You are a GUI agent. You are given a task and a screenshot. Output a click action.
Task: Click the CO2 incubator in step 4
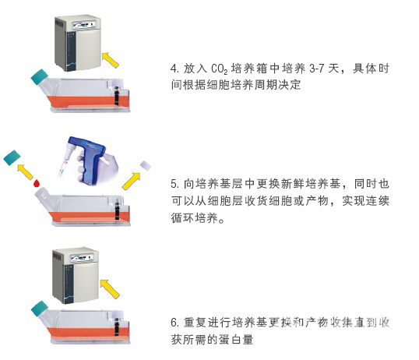click(x=78, y=43)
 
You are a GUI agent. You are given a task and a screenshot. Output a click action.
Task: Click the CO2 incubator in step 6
click(x=76, y=276)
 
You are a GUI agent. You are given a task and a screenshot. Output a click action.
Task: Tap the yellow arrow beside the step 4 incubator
click(x=111, y=60)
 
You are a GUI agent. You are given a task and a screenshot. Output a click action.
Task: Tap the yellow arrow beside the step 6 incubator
click(x=110, y=288)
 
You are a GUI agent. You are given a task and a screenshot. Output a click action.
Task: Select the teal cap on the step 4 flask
click(x=39, y=77)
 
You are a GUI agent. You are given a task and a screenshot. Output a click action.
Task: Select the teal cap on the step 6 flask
click(x=40, y=309)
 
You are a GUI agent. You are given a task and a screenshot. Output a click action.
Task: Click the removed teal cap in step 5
click(x=12, y=157)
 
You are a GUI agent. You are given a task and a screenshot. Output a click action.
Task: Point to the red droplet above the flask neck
click(x=37, y=183)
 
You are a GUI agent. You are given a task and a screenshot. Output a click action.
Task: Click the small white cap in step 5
click(x=146, y=166)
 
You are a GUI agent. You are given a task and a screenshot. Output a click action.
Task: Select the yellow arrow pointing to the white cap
click(x=132, y=181)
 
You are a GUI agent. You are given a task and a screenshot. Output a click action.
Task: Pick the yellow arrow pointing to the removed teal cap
click(x=25, y=171)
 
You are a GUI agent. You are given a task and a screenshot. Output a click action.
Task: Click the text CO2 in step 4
click(x=219, y=69)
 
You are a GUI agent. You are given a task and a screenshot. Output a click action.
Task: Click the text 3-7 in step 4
click(x=316, y=69)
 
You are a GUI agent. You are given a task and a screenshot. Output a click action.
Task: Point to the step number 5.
click(x=174, y=184)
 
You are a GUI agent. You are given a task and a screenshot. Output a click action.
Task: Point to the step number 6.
click(x=174, y=323)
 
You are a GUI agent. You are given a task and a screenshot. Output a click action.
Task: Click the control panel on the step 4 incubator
click(x=84, y=25)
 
